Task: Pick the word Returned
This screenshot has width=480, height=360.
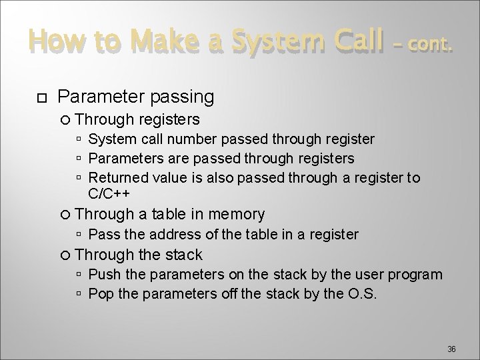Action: [x=116, y=178]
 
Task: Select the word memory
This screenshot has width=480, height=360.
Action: [x=236, y=214]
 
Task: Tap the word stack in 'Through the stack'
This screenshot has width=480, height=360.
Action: [x=180, y=255]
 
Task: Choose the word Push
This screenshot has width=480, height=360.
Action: [x=102, y=275]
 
